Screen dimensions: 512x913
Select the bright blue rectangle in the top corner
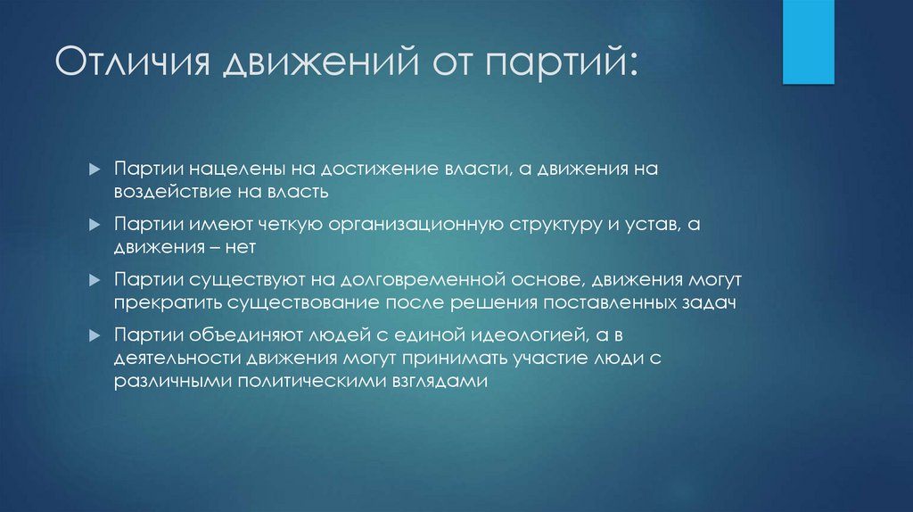point(808,41)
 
